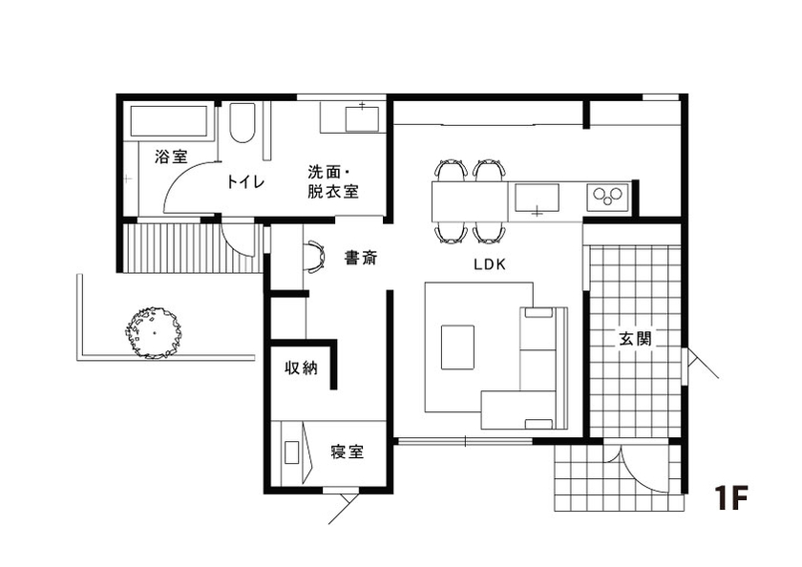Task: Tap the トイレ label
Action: (x=245, y=181)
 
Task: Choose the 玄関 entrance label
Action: (x=635, y=339)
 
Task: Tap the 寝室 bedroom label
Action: (x=348, y=451)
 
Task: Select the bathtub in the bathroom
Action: (x=169, y=121)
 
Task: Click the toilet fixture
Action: (x=243, y=122)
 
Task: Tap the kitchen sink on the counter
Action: (x=538, y=199)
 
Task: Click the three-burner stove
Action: (x=605, y=198)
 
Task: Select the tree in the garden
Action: (x=151, y=331)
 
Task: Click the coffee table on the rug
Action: (x=457, y=346)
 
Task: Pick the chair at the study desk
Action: (x=314, y=257)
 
